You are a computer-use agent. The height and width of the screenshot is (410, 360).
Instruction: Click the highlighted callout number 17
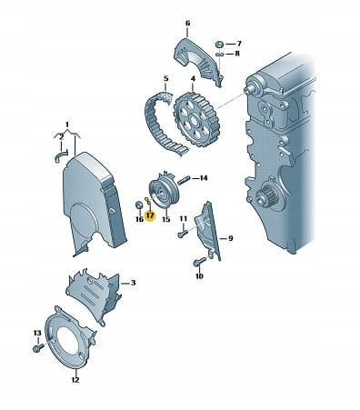click(x=150, y=216)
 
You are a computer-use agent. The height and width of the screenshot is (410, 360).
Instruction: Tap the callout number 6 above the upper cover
click(x=187, y=23)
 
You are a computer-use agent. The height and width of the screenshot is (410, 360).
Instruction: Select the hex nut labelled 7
click(x=220, y=45)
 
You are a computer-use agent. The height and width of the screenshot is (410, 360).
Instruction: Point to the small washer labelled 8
click(x=220, y=55)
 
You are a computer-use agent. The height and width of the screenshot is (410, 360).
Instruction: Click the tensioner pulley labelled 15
click(x=165, y=192)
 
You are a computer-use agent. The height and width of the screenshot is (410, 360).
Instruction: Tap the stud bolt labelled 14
click(x=184, y=180)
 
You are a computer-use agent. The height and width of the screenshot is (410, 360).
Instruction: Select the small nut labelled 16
click(x=139, y=205)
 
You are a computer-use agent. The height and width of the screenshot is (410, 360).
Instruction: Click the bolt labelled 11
click(x=183, y=234)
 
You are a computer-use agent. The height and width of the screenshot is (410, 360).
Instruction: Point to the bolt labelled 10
click(x=199, y=262)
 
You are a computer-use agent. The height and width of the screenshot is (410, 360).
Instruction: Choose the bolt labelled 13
click(x=38, y=348)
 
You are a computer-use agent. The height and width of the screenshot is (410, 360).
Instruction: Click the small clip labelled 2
click(x=60, y=155)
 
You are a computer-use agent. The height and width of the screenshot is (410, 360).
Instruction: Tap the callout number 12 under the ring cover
click(x=75, y=379)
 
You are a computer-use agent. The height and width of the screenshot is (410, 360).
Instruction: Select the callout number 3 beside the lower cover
click(x=133, y=283)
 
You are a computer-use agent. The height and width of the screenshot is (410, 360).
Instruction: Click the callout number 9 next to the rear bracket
click(x=231, y=238)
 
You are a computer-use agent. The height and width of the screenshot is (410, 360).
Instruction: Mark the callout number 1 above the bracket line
click(x=67, y=125)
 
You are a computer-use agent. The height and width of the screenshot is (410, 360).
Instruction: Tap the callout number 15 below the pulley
click(x=166, y=218)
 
